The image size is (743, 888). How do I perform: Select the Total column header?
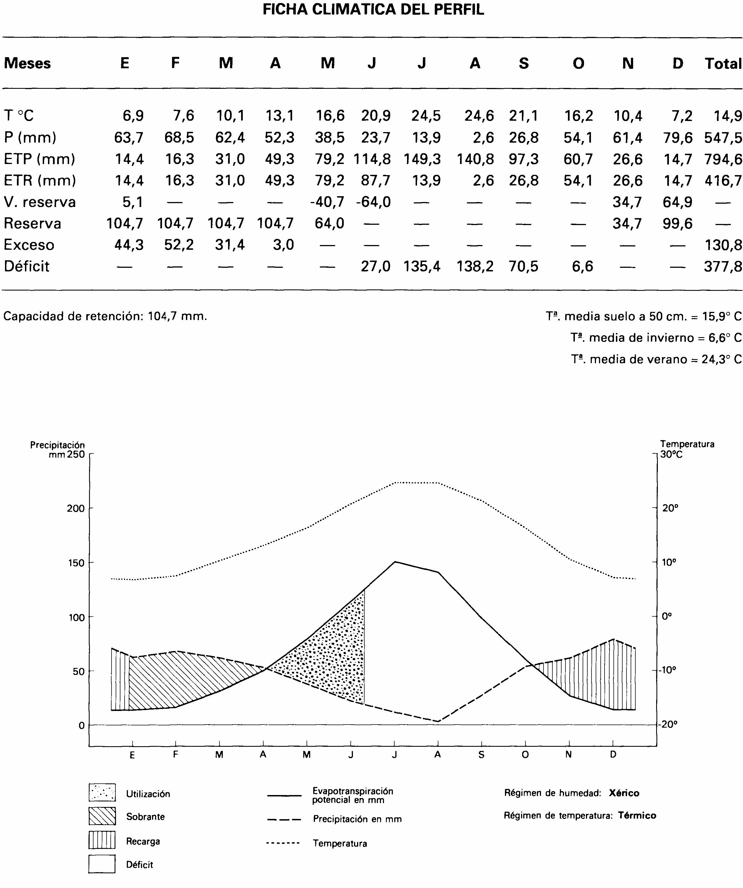point(723,64)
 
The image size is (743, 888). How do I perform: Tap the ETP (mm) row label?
point(39,159)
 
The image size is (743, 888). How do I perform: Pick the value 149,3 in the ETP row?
point(422,159)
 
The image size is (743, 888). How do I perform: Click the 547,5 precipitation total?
point(723,137)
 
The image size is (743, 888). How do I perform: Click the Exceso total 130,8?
point(723,245)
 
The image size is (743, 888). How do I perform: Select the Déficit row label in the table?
point(27,266)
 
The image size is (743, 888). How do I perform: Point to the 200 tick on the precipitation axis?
point(76,508)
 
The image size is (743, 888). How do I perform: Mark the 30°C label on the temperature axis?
point(671,455)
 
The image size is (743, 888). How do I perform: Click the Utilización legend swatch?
point(102,793)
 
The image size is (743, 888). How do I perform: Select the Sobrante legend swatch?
point(102,816)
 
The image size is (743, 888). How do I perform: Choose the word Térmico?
point(636,816)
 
